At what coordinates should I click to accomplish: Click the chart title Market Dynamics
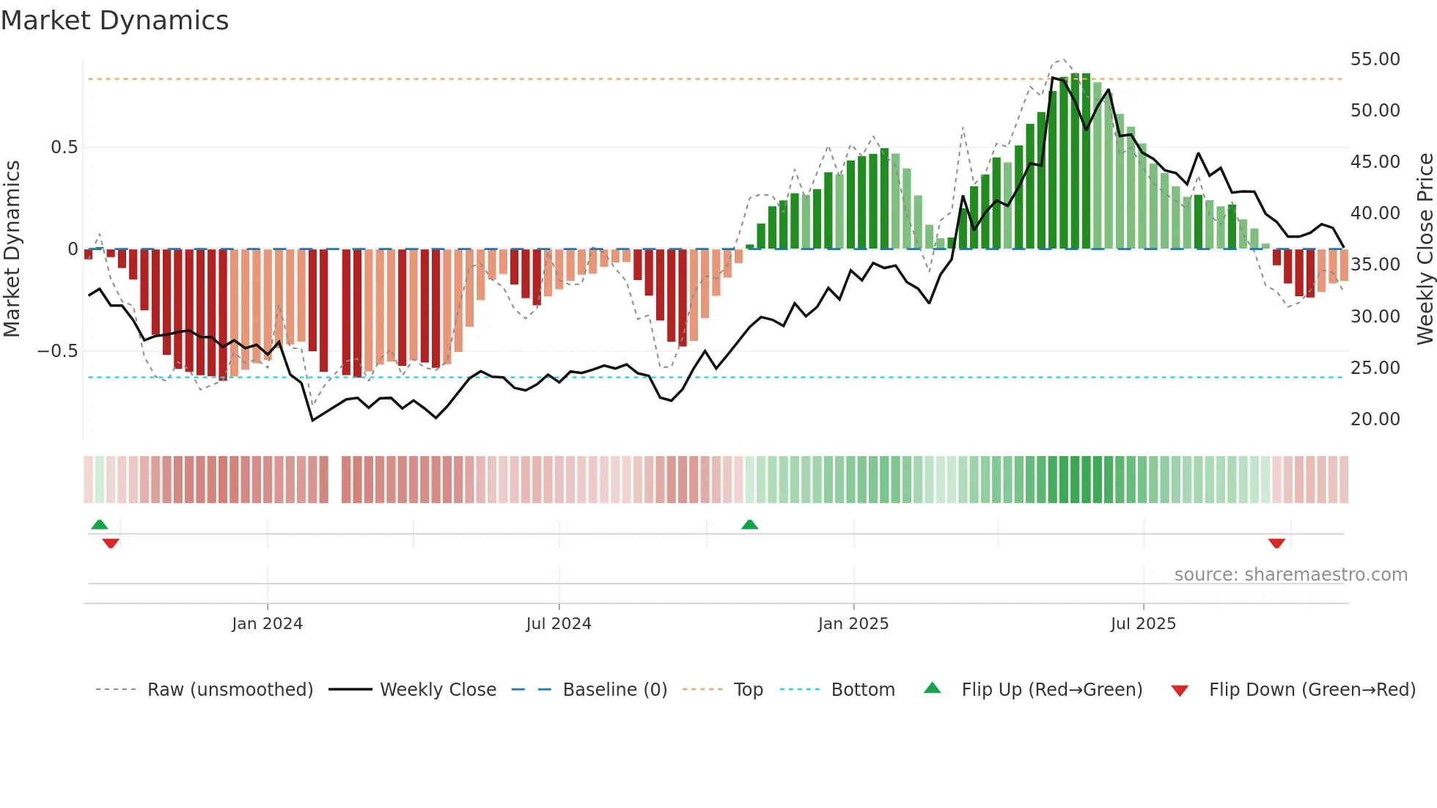pos(114,21)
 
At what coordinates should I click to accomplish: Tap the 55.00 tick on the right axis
pos(1375,59)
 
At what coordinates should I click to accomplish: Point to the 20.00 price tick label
pos(1375,419)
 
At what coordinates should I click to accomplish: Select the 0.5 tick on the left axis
pos(64,147)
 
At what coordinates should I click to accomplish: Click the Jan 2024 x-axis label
pos(267,624)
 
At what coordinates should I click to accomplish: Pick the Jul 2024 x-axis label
pos(559,624)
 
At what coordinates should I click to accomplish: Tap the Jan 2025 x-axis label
pos(853,624)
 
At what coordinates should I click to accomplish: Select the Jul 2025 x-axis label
pos(1143,624)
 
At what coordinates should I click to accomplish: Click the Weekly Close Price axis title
pos(1425,249)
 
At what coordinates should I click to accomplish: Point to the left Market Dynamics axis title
pos(12,249)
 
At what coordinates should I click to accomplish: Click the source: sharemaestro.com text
pos(1290,575)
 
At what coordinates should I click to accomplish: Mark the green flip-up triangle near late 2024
pos(749,525)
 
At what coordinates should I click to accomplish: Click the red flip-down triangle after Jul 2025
pos(1276,543)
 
